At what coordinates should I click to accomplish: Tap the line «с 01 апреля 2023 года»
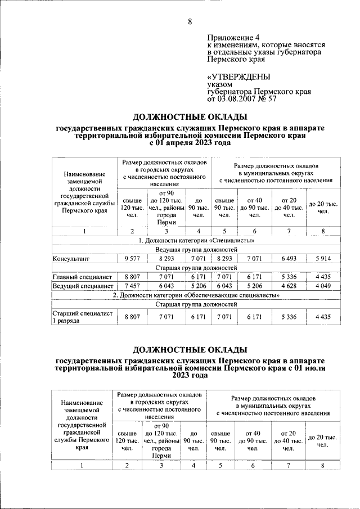(x=190, y=143)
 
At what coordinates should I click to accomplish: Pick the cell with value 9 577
(x=132, y=259)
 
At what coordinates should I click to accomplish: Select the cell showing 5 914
(x=323, y=259)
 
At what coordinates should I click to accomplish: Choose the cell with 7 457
(x=132, y=286)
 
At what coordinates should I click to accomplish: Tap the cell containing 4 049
(x=323, y=286)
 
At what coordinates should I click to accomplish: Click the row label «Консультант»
(x=71, y=259)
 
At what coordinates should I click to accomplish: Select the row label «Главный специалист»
(x=82, y=277)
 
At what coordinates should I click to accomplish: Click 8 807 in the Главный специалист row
(x=132, y=277)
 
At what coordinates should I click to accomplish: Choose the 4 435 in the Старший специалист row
(x=323, y=317)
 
